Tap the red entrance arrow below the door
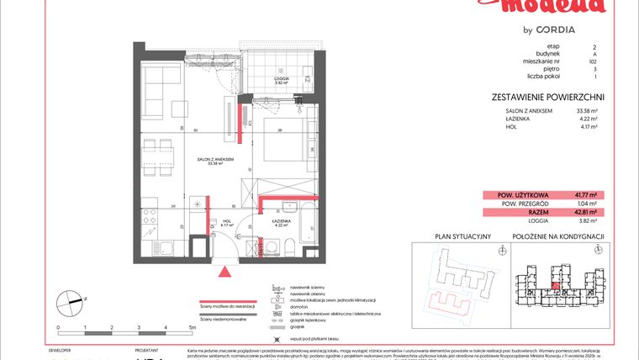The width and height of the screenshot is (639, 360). [x=224, y=270]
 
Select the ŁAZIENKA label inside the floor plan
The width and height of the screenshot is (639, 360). [x=279, y=223]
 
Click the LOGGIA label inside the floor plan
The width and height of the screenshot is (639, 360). [x=281, y=81]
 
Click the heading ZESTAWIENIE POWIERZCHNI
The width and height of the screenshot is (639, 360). [x=547, y=98]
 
